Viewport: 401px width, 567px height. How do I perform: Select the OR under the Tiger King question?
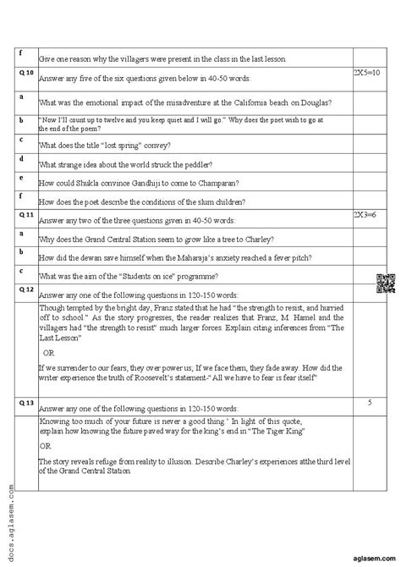point(45,444)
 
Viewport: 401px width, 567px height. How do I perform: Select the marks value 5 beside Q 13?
point(370,403)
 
